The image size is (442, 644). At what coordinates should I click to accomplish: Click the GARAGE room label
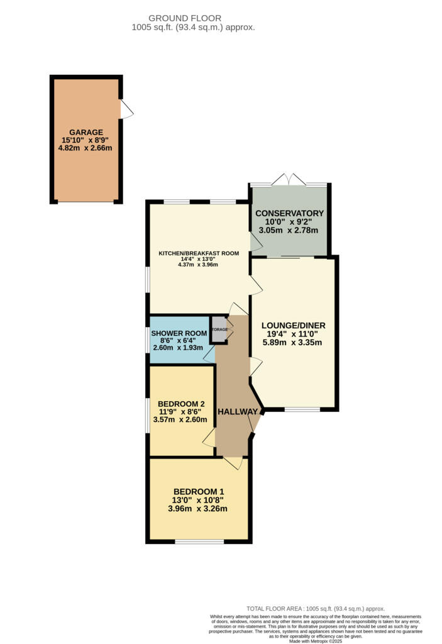click(86, 132)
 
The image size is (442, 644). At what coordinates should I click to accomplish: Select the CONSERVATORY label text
click(289, 213)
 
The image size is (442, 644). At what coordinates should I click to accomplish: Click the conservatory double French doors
click(289, 180)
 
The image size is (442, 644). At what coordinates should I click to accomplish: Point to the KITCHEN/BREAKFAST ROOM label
click(199, 253)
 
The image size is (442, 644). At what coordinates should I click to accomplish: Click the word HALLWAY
click(238, 412)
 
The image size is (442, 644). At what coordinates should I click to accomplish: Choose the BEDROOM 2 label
click(181, 404)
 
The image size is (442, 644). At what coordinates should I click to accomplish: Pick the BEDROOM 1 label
click(198, 492)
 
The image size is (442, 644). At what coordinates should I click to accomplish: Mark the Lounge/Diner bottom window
click(302, 409)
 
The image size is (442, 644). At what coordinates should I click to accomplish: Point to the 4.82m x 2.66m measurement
click(86, 148)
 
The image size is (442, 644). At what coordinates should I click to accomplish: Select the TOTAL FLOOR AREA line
click(315, 609)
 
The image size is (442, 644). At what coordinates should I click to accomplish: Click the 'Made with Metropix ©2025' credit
click(315, 641)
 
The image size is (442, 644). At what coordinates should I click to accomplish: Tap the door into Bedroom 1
click(233, 463)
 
